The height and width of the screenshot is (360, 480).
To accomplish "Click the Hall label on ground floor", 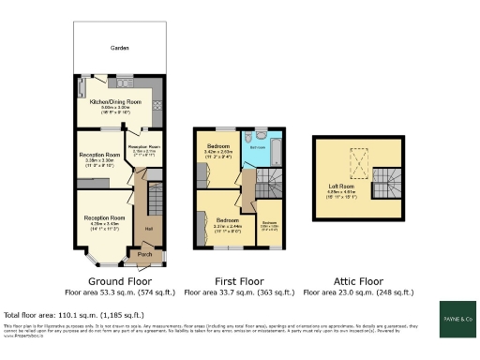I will pyautogui.click(x=148, y=227).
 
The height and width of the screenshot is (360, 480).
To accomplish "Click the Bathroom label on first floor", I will pyautogui.click(x=255, y=147).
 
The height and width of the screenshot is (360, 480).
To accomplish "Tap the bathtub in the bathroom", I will pyautogui.click(x=254, y=157).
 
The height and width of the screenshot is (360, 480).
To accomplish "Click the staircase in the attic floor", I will pyautogui.click(x=383, y=180).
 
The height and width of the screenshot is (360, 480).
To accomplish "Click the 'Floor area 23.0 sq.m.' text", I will pyautogui.click(x=358, y=292).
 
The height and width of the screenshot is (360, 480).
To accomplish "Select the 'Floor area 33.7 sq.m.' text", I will pyautogui.click(x=237, y=292).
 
